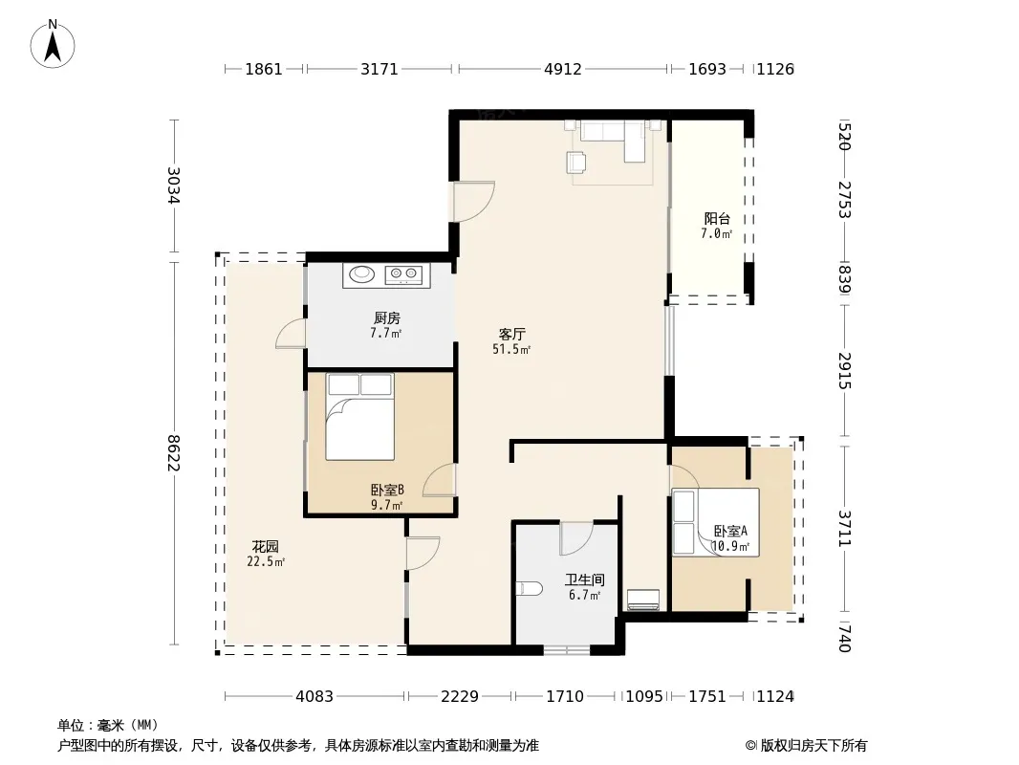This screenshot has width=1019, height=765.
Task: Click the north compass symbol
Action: pos(53,44)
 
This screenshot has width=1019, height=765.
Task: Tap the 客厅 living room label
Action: pos(512,334)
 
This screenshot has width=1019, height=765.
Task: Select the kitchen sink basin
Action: pos(362,274)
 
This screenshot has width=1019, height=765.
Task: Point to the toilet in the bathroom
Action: pos(530,589)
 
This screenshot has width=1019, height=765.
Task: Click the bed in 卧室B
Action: pos(360,417)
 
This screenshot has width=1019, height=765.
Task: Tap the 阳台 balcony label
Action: pos(717,219)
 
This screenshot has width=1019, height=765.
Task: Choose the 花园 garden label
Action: pos(265,547)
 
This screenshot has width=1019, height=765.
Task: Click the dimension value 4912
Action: pos(563,69)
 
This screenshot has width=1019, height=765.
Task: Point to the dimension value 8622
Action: pos(173,453)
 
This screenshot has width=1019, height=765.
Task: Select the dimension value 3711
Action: pos(844,528)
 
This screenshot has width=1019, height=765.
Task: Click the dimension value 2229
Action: pos(460,697)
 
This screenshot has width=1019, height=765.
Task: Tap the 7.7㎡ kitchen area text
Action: pos(386,334)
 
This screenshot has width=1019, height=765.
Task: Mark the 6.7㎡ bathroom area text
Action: pos(585,595)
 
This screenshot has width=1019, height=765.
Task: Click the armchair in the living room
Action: pos(576,163)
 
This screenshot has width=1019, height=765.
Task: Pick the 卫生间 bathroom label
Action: pos(585,579)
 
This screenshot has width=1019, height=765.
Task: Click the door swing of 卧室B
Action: pos(440,481)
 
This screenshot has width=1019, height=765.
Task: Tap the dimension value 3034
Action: pos(173,186)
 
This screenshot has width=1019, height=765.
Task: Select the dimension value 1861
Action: pos(264,69)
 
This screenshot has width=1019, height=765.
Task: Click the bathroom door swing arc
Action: pos(576,538)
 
